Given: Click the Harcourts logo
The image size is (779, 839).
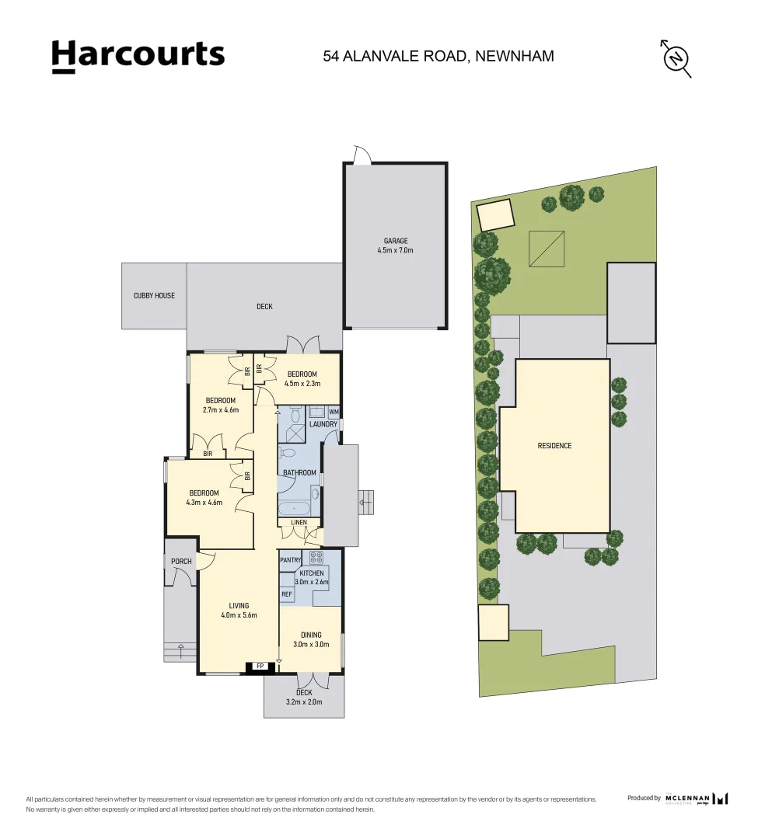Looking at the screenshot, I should (138, 56).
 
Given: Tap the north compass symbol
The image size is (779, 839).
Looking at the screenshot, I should (676, 58).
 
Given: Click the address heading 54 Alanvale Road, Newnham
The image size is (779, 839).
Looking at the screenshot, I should (438, 56).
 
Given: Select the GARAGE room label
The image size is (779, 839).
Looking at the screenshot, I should (395, 241).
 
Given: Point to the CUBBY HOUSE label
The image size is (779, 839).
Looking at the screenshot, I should (154, 296).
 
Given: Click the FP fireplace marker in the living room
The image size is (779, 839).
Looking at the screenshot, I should (259, 667).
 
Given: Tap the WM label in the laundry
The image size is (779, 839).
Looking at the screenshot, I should (334, 412).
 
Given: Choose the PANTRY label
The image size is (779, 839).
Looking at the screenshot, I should (290, 560).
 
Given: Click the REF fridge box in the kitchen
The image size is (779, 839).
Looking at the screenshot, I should (287, 594).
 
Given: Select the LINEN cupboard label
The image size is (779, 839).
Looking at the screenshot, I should (299, 523).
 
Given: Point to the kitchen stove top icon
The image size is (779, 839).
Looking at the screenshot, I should (316, 557).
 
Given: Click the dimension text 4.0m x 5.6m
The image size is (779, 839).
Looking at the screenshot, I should (239, 615).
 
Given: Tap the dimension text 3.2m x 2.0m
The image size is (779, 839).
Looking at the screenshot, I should (304, 702).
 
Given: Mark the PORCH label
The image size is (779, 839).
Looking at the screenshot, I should (181, 562).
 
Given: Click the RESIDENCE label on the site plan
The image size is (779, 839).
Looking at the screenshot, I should (554, 446).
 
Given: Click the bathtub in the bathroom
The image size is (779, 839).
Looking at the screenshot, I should (297, 508).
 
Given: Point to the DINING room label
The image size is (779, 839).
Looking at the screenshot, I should (311, 635).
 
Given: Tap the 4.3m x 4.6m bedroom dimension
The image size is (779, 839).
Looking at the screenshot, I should (204, 503).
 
